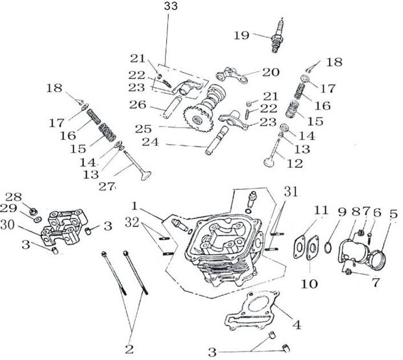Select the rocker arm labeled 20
coord(237,75)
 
